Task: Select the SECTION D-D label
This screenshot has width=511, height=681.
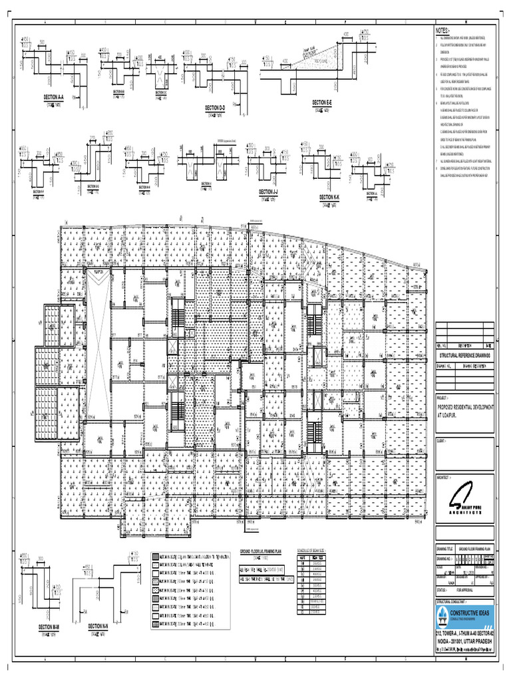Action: [x=215, y=108]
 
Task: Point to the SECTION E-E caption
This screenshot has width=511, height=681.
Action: [x=321, y=103]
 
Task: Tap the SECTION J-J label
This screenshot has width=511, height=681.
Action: [x=268, y=192]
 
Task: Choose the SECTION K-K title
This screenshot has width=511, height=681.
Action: [x=328, y=198]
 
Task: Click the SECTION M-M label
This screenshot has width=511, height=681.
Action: [x=49, y=627]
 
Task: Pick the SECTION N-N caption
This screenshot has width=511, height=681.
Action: [x=98, y=626]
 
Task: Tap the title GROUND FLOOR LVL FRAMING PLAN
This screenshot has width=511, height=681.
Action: [x=266, y=552]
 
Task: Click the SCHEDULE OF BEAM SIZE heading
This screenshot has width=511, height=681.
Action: [x=315, y=552]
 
